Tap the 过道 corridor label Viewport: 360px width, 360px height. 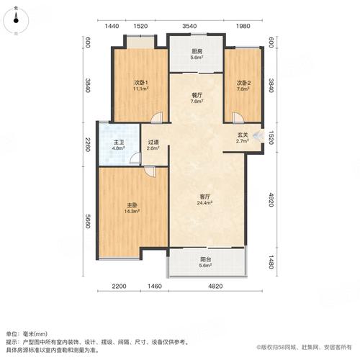tap(153, 144)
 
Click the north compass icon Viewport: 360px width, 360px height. tap(17, 22)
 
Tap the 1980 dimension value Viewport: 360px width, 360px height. tap(243, 27)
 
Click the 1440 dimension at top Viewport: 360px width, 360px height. tap(111, 27)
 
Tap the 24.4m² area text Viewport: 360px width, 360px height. tap(204, 203)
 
